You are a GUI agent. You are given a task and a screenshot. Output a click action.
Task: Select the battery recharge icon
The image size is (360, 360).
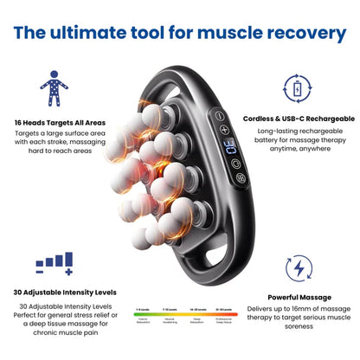click(x=296, y=88)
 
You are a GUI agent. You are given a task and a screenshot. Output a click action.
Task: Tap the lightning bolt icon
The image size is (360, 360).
click(x=299, y=267)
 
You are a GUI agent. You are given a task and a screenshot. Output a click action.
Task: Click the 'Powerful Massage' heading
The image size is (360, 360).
click(x=299, y=297)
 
